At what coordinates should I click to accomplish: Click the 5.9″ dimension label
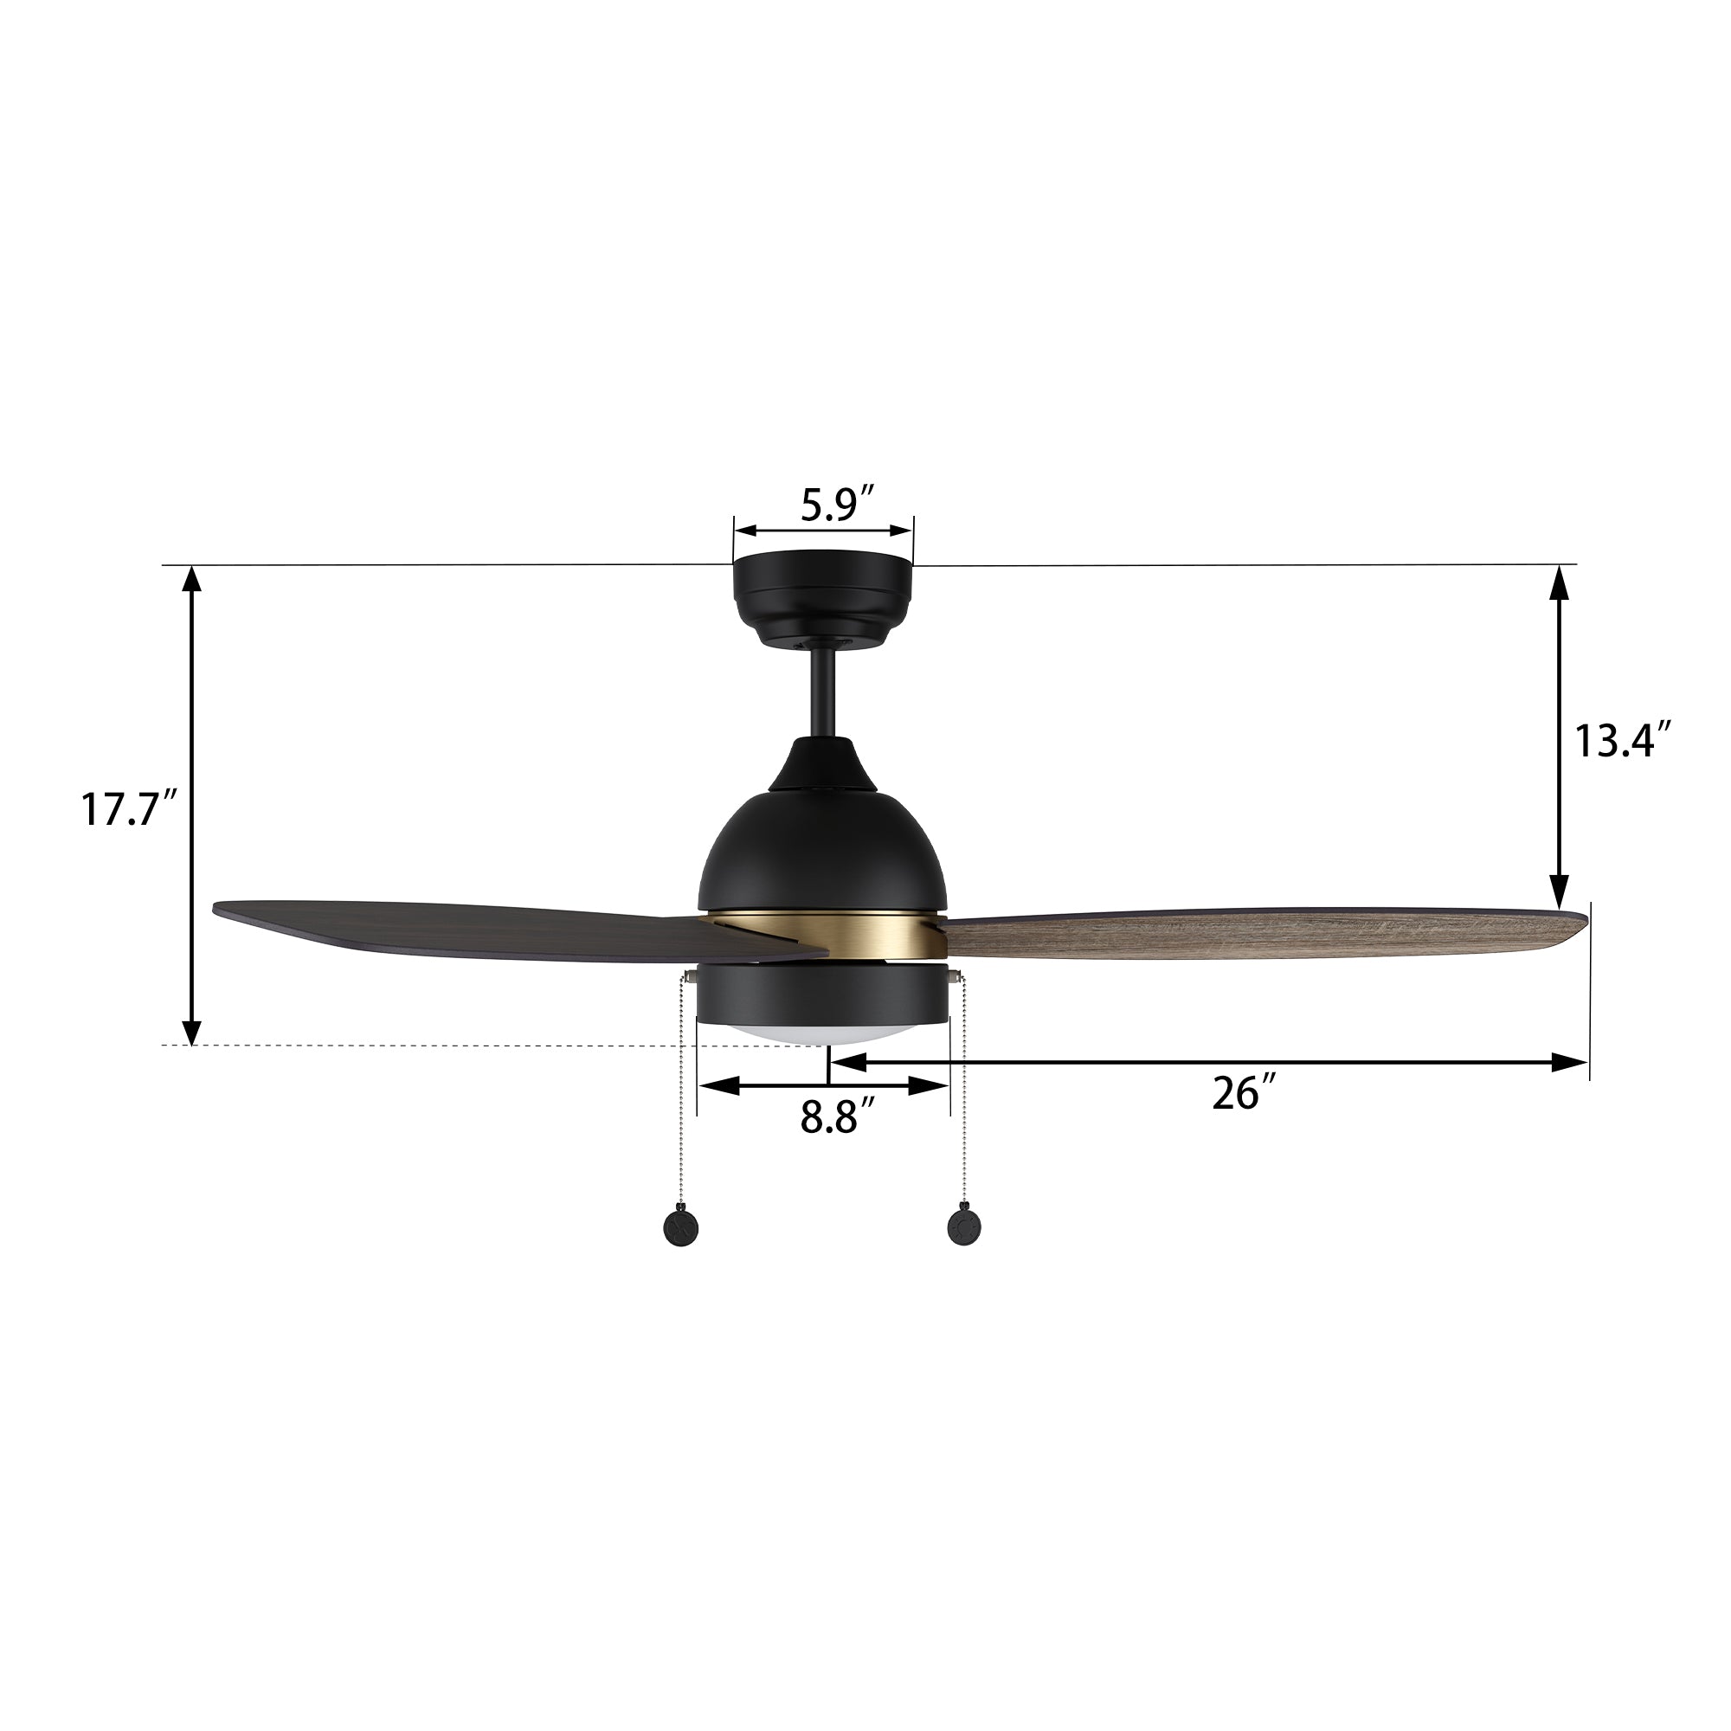837,505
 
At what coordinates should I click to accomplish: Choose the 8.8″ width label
838,1119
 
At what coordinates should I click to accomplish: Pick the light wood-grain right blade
1254,936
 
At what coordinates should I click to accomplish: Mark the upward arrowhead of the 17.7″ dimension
190,581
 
